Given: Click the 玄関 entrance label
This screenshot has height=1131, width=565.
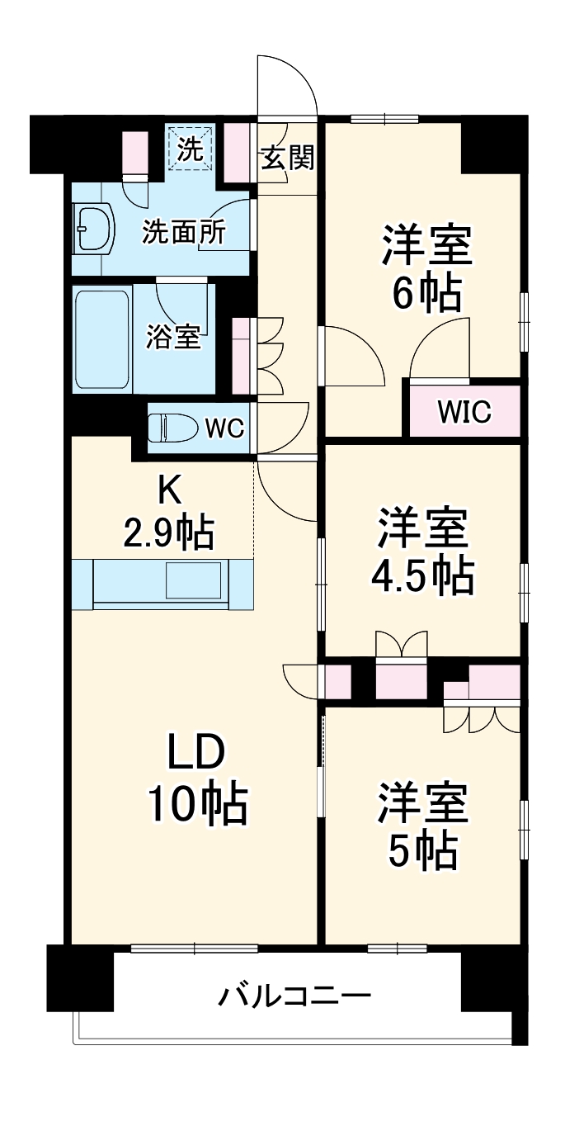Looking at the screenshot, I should (288, 158).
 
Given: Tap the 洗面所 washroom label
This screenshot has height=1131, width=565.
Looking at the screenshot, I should (183, 232).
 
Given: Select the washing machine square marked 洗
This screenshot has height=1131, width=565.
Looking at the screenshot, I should (191, 148).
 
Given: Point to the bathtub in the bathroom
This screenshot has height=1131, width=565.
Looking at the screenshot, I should (101, 339).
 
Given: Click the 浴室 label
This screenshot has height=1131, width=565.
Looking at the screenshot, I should (174, 337).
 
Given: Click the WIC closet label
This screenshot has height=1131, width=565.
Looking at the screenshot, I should (464, 411).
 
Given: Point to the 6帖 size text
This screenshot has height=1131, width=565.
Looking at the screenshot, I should (426, 292).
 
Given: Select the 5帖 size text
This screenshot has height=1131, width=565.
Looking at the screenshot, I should (424, 851).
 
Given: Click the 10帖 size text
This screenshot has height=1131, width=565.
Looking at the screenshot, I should (197, 804).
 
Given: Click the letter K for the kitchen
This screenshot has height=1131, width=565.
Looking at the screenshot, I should (169, 492).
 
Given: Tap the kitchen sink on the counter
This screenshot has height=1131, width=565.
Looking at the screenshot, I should (193, 580).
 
